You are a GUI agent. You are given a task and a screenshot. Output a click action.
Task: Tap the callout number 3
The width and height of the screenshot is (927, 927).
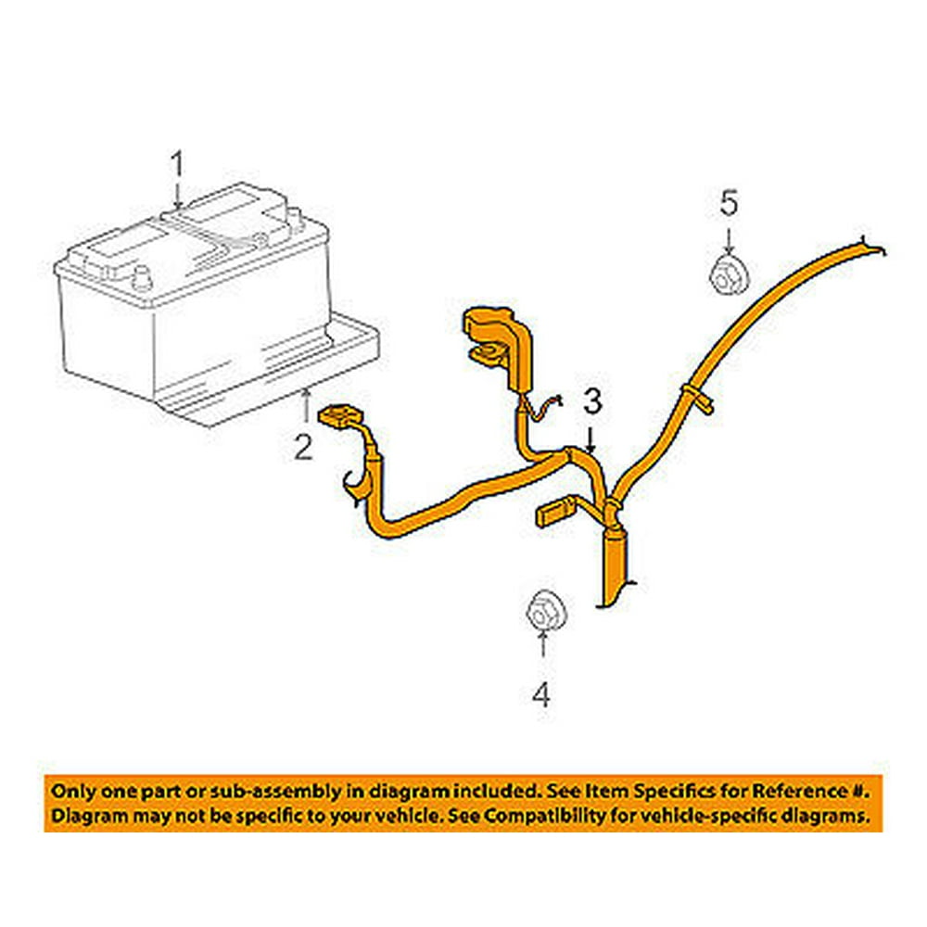592,400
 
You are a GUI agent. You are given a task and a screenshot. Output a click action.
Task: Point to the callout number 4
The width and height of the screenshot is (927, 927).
540,693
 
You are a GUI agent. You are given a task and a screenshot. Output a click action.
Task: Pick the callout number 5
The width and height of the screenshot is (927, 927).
730,201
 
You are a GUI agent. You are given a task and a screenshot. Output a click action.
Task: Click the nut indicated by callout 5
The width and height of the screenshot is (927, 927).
729,274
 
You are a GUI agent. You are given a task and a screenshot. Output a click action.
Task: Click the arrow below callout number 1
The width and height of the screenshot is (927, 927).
176,196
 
